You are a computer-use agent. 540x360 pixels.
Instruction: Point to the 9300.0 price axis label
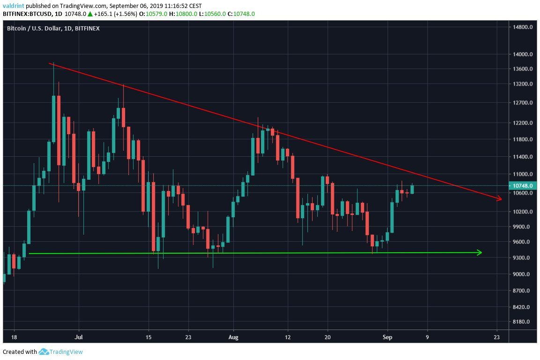click(522, 258)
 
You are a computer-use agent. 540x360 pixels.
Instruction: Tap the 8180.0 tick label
click(522, 322)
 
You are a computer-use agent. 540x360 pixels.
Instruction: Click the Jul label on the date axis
click(79, 337)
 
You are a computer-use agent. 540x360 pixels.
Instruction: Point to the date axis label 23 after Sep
click(496, 337)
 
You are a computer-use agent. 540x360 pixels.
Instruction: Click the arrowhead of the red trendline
click(500, 199)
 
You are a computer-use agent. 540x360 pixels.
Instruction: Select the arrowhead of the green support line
click(480, 253)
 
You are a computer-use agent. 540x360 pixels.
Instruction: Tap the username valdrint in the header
click(14, 6)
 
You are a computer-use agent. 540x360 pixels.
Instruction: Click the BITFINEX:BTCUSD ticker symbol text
click(25, 14)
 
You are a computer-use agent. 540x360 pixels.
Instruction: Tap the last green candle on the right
click(412, 189)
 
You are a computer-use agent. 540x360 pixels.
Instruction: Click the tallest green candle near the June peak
click(54, 119)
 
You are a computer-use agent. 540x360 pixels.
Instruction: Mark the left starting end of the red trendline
click(49, 63)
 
